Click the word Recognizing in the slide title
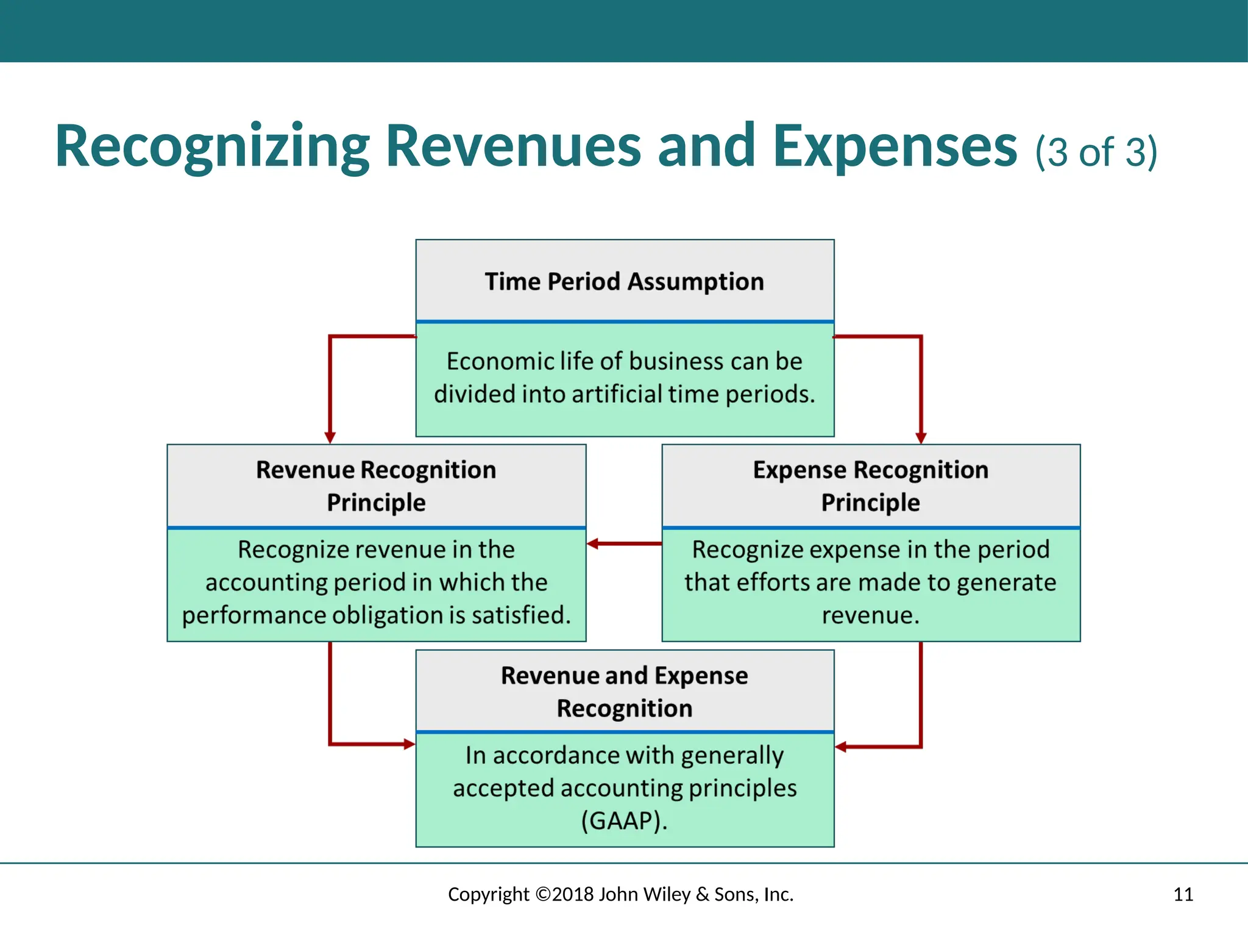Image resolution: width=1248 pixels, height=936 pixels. coord(212,148)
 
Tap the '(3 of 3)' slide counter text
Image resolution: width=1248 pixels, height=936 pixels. coord(1095,152)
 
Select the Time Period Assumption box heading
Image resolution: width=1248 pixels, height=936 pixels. coord(624,282)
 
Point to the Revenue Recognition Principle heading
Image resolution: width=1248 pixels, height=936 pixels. coord(376,486)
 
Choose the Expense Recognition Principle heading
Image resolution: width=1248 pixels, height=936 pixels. coord(870,486)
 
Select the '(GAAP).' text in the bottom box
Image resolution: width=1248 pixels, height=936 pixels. coord(624,821)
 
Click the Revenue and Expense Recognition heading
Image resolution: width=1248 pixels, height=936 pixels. coord(624,692)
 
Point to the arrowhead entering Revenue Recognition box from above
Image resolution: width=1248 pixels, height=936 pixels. coord(330,438)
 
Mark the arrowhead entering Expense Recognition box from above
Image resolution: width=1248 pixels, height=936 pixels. coord(921,438)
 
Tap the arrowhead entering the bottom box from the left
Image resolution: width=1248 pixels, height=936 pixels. coord(409,744)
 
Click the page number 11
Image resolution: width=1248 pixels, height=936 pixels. coord(1183,895)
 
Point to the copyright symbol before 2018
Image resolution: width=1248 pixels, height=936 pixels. coord(543,895)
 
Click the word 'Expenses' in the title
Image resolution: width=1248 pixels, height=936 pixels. coord(895,148)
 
